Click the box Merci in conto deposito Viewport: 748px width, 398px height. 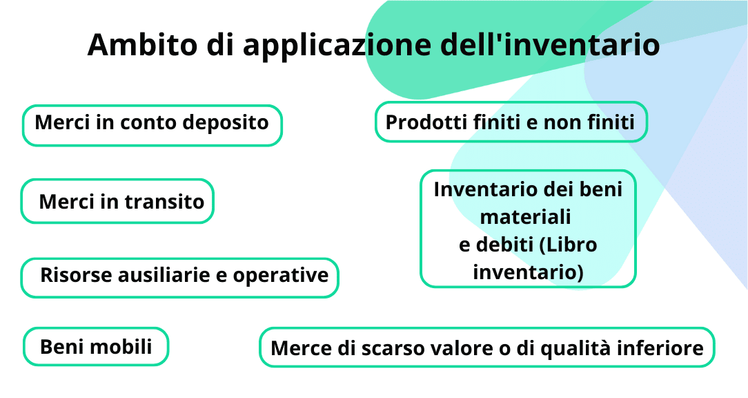(x=152, y=125)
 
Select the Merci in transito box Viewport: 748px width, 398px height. (x=117, y=201)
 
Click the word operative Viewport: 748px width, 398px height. (x=280, y=275)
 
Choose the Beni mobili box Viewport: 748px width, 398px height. (x=96, y=346)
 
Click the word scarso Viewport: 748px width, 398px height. (x=392, y=348)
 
